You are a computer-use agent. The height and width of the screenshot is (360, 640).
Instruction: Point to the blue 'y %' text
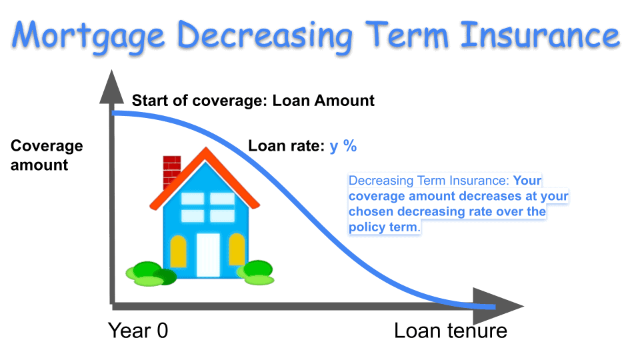[343, 146]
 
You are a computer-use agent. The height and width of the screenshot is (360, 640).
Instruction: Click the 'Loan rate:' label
[287, 146]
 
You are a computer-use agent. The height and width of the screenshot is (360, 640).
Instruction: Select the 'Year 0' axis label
[138, 331]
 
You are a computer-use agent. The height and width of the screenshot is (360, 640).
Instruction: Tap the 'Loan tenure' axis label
[451, 331]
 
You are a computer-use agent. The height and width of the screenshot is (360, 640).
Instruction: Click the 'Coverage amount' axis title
[47, 155]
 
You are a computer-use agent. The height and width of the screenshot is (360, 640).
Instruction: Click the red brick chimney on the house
[171, 171]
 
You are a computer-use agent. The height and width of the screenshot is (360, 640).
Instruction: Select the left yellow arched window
[178, 251]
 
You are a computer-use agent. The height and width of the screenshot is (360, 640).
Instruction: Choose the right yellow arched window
[237, 251]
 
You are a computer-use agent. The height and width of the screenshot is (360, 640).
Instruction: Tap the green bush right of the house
[259, 272]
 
